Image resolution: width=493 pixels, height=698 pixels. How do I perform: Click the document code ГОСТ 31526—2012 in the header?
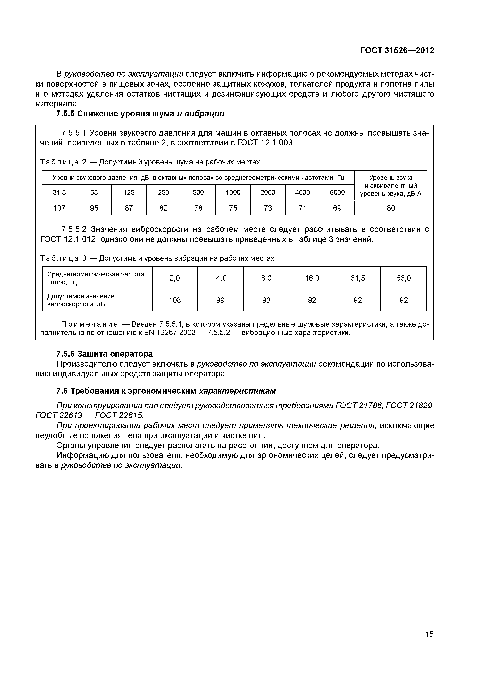coord(397,51)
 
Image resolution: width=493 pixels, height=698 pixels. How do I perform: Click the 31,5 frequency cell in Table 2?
coord(59,192)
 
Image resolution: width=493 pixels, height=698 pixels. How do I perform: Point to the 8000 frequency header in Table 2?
coord(337,192)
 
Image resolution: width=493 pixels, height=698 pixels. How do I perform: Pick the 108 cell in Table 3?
coord(175,300)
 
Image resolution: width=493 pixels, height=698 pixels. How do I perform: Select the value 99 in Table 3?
coord(220,300)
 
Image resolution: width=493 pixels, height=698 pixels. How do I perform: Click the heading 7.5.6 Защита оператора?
coord(105,354)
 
